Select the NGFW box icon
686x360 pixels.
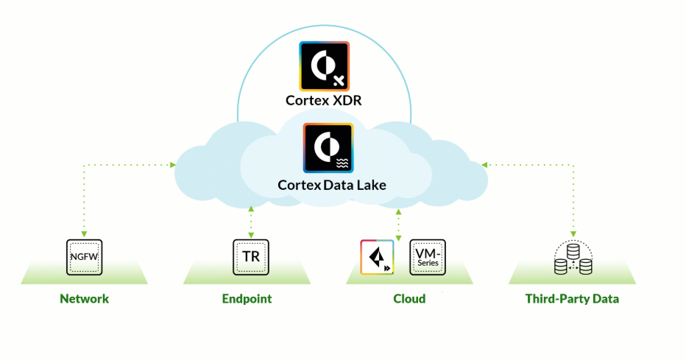tap(85, 257)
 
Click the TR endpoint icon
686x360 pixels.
tap(250, 257)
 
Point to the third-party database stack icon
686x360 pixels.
tap(573, 258)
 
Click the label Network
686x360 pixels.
tap(85, 299)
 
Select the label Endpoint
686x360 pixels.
tap(247, 299)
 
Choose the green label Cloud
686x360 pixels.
tap(409, 299)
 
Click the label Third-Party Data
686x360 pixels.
tap(572, 299)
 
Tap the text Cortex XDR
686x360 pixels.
tap(324, 100)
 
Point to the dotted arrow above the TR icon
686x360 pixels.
tap(251, 219)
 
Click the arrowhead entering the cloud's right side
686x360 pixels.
tap(484, 164)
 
